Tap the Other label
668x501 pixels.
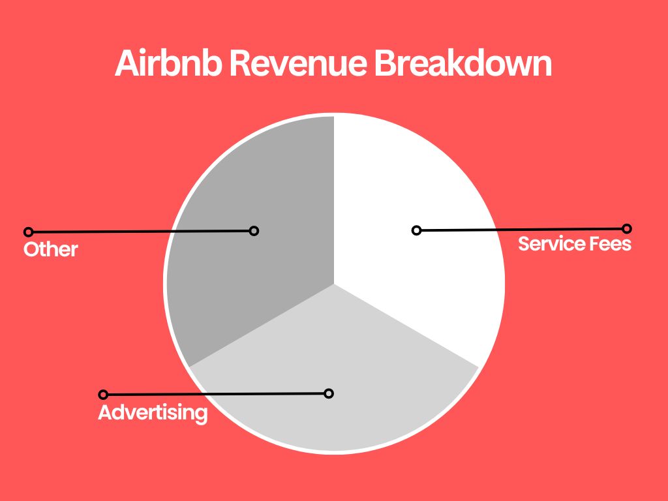51,249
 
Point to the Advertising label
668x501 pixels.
153,412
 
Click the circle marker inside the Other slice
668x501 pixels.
254,231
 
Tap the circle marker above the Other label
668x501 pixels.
28,232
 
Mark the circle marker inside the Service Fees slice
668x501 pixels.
416,230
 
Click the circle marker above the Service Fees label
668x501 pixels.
626,228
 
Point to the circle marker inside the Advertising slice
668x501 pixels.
329,393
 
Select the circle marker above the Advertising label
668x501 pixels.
102,395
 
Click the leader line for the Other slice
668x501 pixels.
141,232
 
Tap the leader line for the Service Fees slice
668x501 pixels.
522,230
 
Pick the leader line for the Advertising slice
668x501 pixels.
215,394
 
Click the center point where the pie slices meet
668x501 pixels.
334,284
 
